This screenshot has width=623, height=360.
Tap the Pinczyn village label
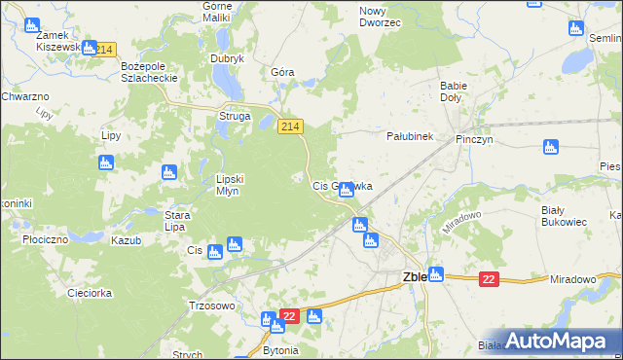click(477, 139)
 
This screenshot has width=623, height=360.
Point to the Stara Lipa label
click(175, 220)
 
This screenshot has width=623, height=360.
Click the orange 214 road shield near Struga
click(291, 126)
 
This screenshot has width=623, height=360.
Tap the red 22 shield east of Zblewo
click(489, 279)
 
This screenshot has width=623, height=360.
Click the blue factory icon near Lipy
click(105, 162)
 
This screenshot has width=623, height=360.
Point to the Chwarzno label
click(25, 97)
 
